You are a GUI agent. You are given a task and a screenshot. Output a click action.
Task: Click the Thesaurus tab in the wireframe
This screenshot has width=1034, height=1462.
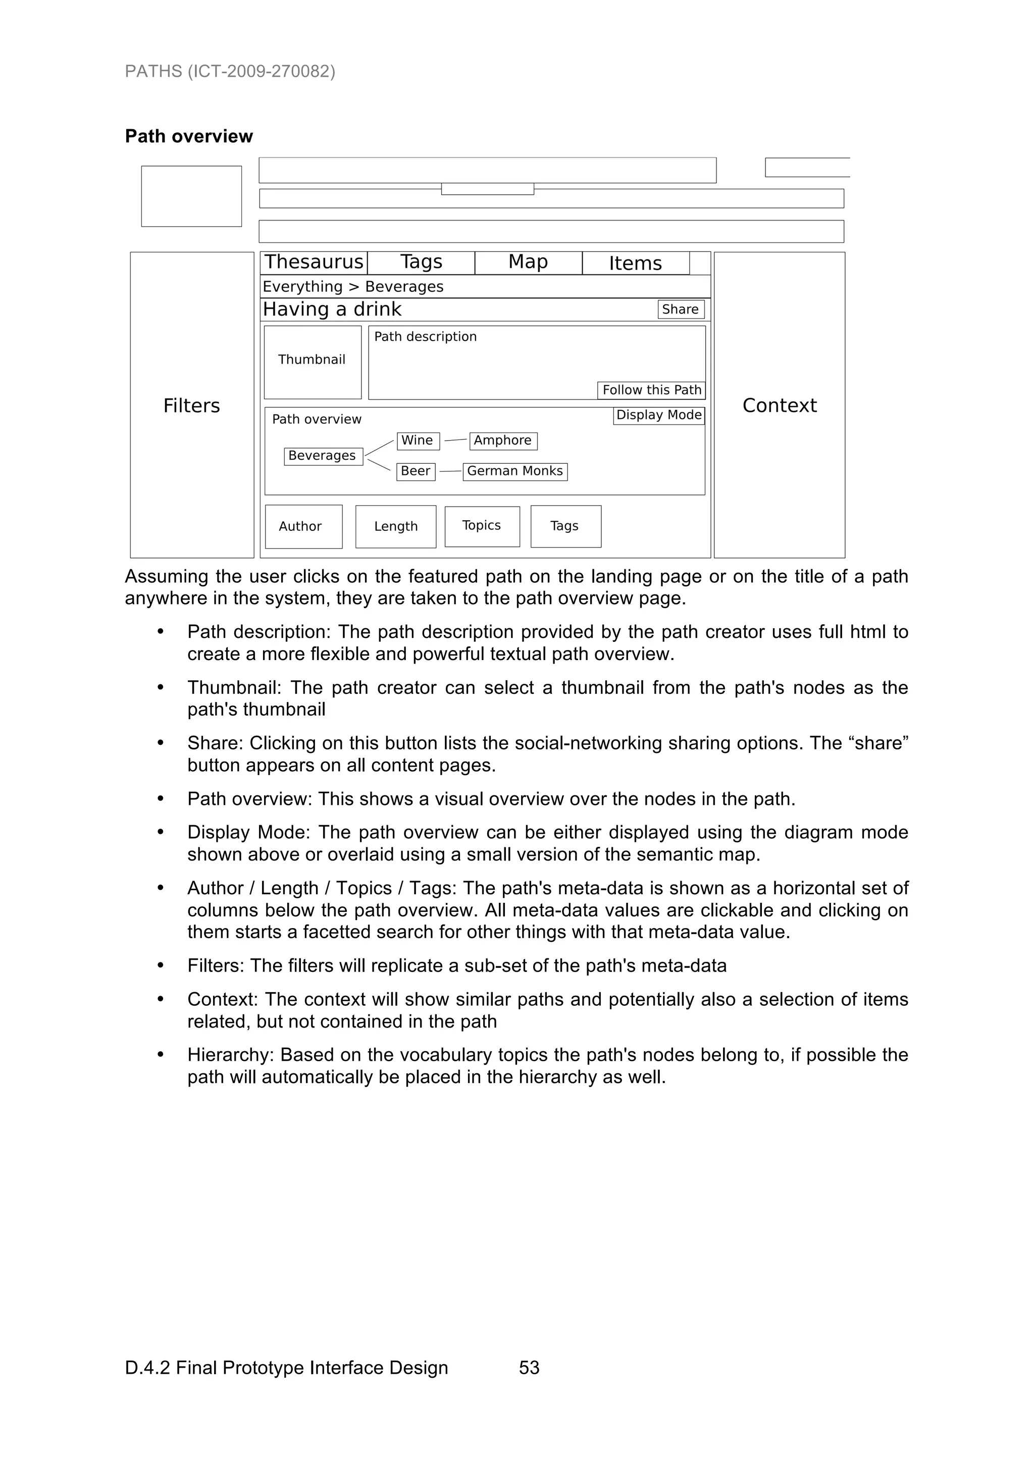click(x=314, y=262)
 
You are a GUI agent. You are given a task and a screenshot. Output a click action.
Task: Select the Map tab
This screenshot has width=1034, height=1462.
click(x=528, y=262)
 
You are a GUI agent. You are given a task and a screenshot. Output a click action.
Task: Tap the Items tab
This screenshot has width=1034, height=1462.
click(x=635, y=263)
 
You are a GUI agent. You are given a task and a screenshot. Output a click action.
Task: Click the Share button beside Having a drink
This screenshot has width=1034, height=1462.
click(x=681, y=309)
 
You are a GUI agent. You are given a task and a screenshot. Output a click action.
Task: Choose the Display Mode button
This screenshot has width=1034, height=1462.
click(x=659, y=415)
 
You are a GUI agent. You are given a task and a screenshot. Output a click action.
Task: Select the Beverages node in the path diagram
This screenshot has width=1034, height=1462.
click(x=323, y=456)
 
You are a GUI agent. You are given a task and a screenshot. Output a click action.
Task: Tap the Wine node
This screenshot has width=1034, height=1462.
click(x=418, y=441)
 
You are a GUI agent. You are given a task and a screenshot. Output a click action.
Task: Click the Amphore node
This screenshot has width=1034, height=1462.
click(x=503, y=441)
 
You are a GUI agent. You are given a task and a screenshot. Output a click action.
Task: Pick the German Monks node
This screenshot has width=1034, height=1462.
click(x=515, y=471)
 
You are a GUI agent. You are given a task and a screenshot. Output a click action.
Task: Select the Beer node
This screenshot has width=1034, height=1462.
click(x=416, y=471)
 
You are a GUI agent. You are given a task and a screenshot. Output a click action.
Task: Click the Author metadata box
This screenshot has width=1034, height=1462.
click(x=303, y=526)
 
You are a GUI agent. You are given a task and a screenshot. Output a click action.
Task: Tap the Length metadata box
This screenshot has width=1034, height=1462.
click(x=396, y=526)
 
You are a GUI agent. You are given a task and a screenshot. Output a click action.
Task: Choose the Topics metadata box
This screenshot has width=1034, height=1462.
click(x=482, y=526)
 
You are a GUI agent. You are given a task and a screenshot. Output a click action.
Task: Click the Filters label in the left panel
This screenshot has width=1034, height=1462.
click(x=191, y=406)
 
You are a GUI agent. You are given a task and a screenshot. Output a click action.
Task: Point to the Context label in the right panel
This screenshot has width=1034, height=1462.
click(x=779, y=406)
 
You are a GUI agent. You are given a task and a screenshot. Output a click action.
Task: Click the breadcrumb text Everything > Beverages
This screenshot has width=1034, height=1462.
click(x=353, y=287)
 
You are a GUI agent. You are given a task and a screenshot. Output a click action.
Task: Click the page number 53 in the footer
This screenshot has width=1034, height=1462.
click(x=529, y=1368)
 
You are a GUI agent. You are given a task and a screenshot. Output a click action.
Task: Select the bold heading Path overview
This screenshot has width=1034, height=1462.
click(x=189, y=136)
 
